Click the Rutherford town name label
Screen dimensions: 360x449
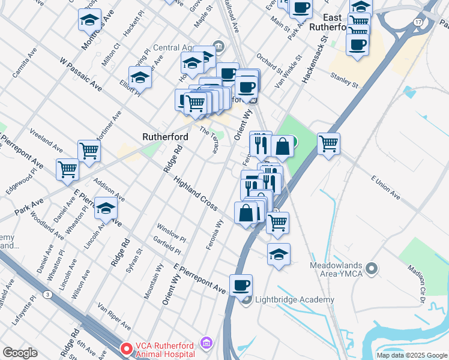pos(165,137)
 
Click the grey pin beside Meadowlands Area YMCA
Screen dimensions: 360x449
pos(373,268)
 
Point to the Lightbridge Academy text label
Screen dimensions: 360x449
pos(295,300)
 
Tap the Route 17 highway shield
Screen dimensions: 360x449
pos(417,22)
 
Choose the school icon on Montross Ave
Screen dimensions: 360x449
pos(90,21)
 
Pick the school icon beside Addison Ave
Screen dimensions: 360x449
pos(106,209)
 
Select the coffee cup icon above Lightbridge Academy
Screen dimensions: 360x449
pos(241,286)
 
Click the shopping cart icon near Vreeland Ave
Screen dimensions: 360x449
pos(89,151)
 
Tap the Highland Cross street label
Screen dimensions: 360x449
pos(195,193)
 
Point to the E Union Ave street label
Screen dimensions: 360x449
pos(385,187)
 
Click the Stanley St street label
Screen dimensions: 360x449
pos(345,80)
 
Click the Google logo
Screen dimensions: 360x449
pos(20,353)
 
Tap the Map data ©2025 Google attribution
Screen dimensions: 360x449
pos(411,355)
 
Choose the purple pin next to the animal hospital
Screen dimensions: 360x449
pos(206,343)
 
